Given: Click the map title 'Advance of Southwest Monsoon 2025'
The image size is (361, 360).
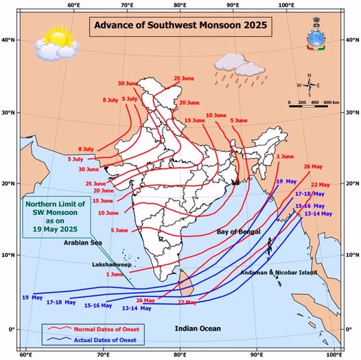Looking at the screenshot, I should [180, 27].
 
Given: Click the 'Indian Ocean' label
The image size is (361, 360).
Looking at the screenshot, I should [196, 329].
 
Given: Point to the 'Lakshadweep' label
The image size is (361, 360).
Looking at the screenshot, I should [109, 264].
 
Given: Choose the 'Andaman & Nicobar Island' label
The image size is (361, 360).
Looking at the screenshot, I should [279, 273].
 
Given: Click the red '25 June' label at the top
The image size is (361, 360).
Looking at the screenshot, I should [185, 78].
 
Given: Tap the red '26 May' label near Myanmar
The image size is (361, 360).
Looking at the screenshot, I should [312, 166].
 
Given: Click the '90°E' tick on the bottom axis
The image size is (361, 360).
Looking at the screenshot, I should [257, 355].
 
